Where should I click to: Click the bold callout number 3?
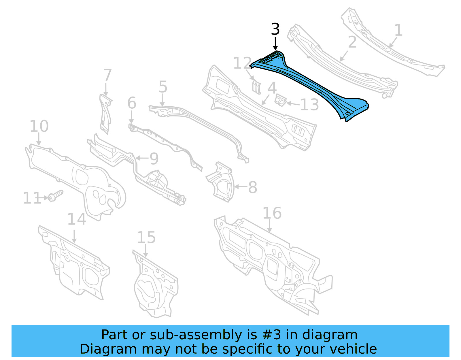tap(275, 29)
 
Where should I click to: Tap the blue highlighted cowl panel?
tap(311, 84)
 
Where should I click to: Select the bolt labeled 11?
tap(55, 196)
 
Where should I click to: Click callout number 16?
tap(272, 213)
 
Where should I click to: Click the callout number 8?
tap(252, 187)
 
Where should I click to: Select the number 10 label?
tap(39, 126)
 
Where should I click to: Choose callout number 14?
tap(77, 219)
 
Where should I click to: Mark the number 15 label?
tap(146, 238)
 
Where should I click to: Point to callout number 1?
tap(398, 30)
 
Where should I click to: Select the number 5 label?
tap(163, 87)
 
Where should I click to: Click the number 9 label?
tap(154, 159)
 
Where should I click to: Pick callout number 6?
tap(132, 103)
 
